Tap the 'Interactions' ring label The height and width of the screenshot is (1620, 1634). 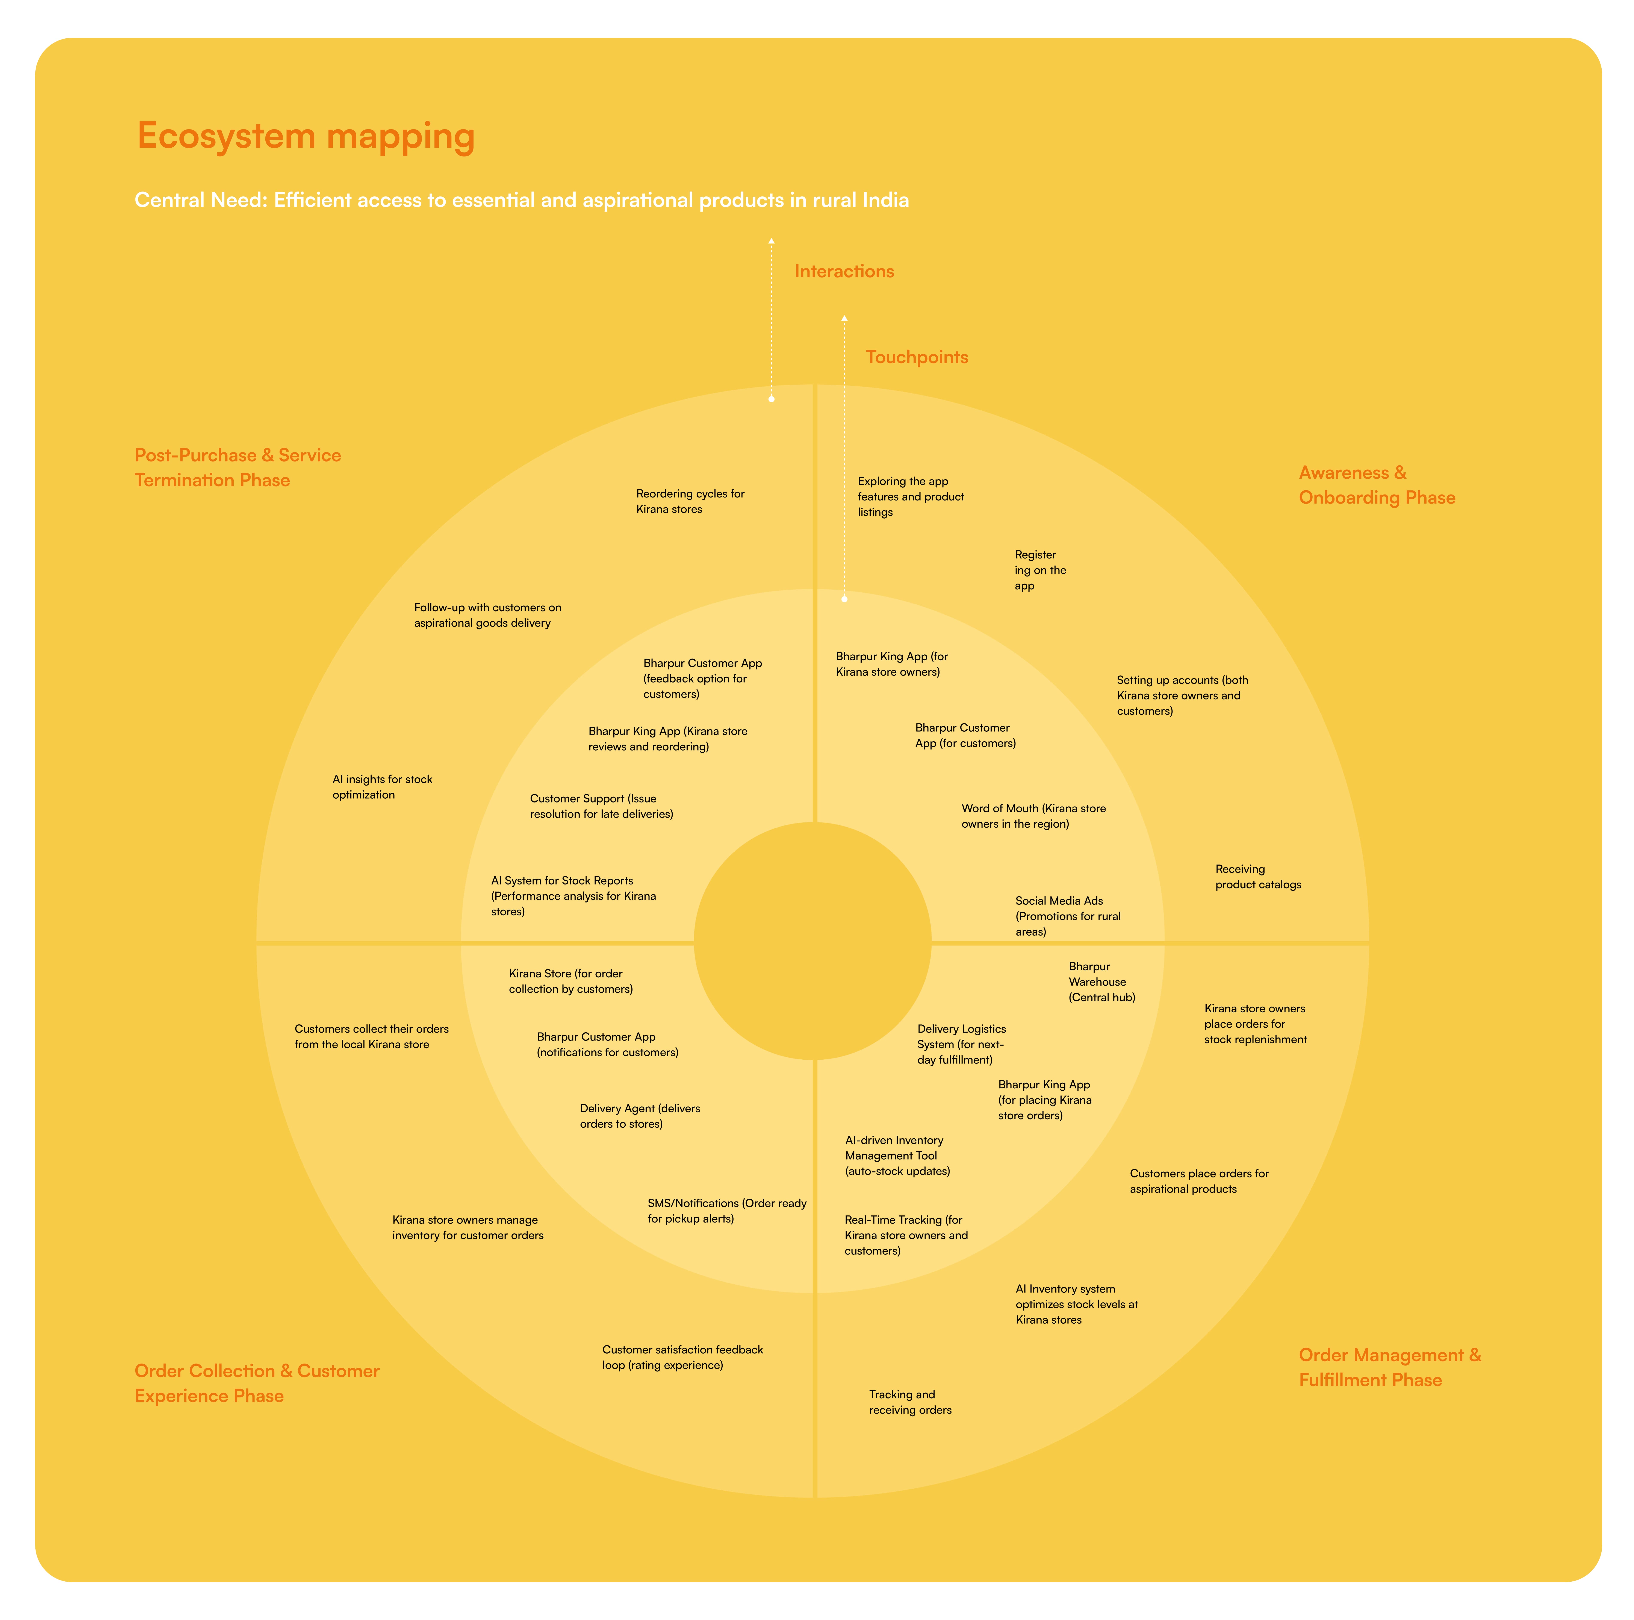click(x=844, y=272)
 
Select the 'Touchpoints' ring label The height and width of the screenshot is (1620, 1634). click(x=917, y=357)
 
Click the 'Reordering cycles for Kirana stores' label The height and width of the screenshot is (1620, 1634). click(x=690, y=502)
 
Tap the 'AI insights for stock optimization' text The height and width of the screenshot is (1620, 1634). click(x=382, y=787)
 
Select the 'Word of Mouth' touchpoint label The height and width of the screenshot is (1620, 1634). click(x=1033, y=816)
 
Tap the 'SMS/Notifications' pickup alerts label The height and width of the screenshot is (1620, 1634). click(x=726, y=1210)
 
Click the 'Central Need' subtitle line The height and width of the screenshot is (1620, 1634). click(x=522, y=200)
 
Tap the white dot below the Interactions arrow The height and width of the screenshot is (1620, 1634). click(x=771, y=399)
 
